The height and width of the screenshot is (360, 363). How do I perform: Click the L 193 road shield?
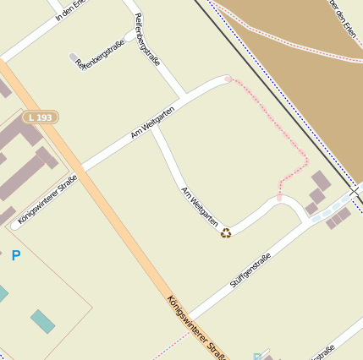point(41,117)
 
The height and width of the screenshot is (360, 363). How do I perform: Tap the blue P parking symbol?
point(15,254)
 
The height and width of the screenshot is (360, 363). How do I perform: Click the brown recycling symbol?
point(226,232)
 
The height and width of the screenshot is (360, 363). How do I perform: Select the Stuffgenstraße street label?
point(250,270)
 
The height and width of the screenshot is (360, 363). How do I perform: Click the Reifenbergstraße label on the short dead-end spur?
point(105,52)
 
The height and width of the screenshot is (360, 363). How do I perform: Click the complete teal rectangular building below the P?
point(42,321)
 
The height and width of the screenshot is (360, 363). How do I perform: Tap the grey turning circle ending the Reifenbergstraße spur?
point(74,57)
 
